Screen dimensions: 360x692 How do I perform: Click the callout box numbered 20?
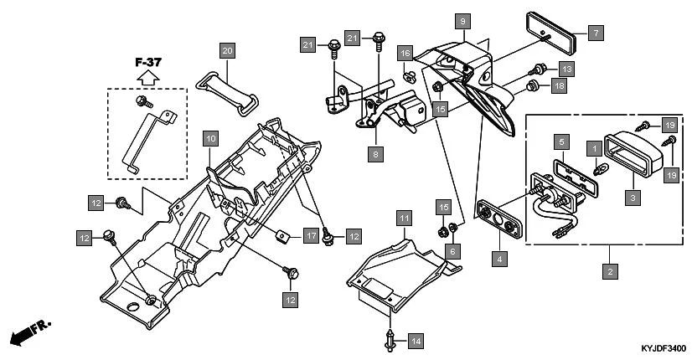pos(227,50)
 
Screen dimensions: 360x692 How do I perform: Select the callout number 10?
pos(209,136)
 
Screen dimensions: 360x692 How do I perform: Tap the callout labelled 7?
pos(594,33)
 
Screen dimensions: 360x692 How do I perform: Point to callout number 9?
pos(462,19)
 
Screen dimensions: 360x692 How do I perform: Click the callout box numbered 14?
pos(416,341)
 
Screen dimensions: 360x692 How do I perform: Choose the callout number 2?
pos(610,271)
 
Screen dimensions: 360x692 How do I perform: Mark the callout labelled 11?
pos(404,219)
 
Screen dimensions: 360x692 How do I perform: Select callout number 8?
pos(377,154)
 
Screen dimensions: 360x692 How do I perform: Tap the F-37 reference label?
pos(147,62)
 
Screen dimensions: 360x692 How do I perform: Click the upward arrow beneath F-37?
pos(147,79)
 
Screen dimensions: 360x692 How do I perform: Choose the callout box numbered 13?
pos(566,68)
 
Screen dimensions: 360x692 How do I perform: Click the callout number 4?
pos(500,259)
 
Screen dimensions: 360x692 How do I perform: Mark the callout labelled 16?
pos(405,53)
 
